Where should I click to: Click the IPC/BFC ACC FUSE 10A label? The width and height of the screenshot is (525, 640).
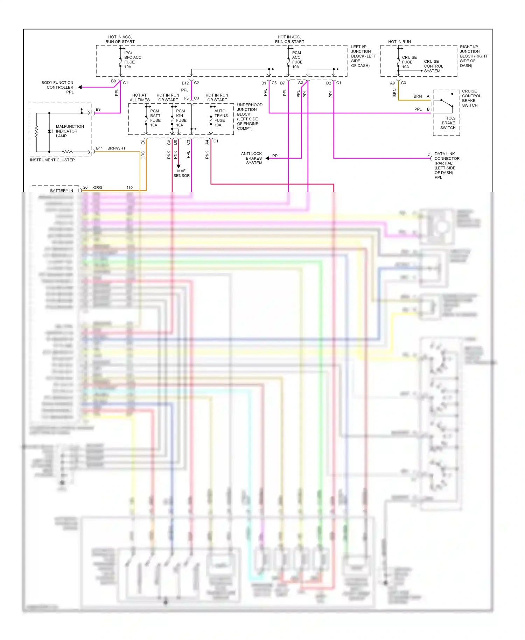coord(132,60)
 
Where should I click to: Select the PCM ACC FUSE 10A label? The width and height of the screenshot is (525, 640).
coord(297,60)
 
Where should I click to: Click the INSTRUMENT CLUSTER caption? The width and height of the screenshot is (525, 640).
coord(52,160)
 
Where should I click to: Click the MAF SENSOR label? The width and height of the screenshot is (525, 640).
coord(181,173)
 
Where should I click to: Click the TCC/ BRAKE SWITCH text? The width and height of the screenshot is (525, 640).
coord(448,123)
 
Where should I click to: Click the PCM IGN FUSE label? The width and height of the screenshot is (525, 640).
coord(181,118)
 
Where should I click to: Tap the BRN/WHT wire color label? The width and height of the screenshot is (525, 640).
coord(116,148)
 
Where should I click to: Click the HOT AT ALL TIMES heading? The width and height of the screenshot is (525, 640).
coord(140,98)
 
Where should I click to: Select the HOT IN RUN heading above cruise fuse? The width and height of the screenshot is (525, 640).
coord(399,42)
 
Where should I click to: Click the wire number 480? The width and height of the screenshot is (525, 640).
coord(129,188)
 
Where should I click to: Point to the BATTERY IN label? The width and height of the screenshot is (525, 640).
coord(62,190)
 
